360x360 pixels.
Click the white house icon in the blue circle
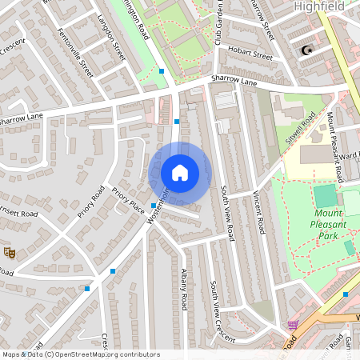point(180,172)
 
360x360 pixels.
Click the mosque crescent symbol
point(306,51)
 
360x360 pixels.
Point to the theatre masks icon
point(10,252)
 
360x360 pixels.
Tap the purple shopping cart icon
point(293,326)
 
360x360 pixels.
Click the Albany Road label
point(184,290)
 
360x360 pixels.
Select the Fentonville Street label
point(76,52)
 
